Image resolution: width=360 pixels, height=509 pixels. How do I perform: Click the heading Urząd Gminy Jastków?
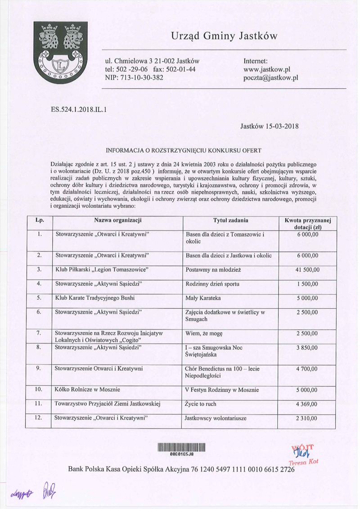click(x=224, y=36)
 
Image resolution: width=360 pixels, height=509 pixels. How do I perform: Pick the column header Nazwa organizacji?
click(x=118, y=220)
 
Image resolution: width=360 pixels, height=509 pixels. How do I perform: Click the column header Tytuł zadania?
click(x=231, y=220)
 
